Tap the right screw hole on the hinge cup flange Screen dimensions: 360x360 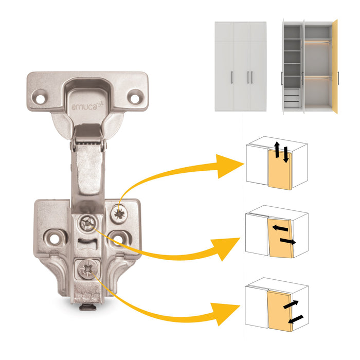[136, 96]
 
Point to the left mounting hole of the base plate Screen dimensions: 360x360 [52, 237]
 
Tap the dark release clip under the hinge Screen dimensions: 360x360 [87, 307]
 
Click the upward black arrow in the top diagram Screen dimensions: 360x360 [276, 150]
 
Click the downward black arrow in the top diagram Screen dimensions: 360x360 [285, 154]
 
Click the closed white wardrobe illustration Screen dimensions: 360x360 [240, 66]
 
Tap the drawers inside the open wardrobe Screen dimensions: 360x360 [292, 98]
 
